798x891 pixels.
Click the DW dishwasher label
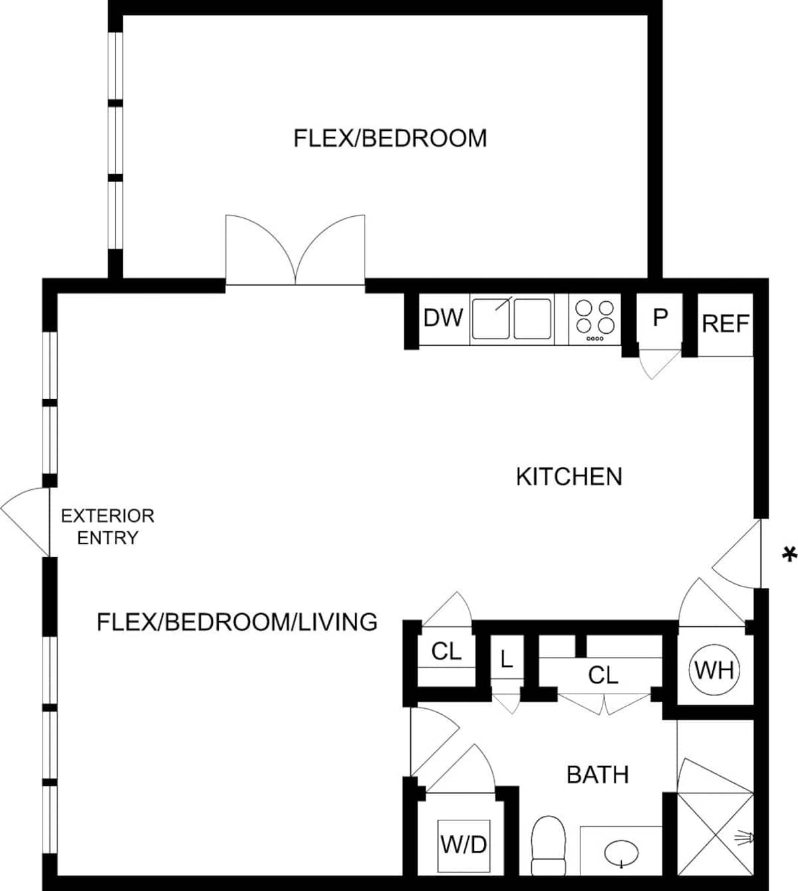pyautogui.click(x=443, y=318)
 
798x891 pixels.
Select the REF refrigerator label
pyautogui.click(x=726, y=324)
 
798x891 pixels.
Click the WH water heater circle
pyautogui.click(x=714, y=670)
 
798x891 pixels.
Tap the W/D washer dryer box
pyautogui.click(x=464, y=845)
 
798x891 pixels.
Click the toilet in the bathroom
pyautogui.click(x=548, y=845)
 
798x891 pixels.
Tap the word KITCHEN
pyautogui.click(x=569, y=477)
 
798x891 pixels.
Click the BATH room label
pyautogui.click(x=597, y=775)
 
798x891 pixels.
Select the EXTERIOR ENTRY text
pyautogui.click(x=108, y=527)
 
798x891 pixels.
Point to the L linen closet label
pyautogui.click(x=506, y=659)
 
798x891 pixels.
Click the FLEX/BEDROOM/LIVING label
pyautogui.click(x=237, y=622)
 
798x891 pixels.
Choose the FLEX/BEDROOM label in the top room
pyautogui.click(x=390, y=138)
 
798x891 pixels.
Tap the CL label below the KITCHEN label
pyautogui.click(x=603, y=675)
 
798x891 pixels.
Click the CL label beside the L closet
pyautogui.click(x=446, y=652)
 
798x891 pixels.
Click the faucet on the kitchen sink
pyautogui.click(x=504, y=303)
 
